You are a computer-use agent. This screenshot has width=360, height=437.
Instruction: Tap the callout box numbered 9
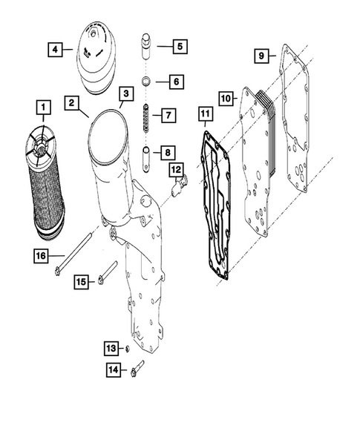(x=261, y=56)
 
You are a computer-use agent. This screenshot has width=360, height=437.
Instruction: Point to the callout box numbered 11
(x=206, y=114)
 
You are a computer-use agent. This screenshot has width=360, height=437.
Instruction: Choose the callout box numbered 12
(x=176, y=170)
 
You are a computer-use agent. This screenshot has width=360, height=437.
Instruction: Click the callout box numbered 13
(x=111, y=348)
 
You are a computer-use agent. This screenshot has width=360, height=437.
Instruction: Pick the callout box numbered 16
(x=39, y=257)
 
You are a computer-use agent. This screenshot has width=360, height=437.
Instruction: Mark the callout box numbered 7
(x=168, y=115)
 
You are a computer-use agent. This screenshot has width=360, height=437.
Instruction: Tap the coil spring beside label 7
(x=146, y=118)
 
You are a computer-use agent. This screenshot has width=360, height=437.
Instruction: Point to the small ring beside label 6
(x=146, y=81)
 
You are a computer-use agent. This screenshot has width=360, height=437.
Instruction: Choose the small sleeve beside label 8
(x=146, y=156)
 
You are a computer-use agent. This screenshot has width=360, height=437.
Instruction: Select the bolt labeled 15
(x=107, y=272)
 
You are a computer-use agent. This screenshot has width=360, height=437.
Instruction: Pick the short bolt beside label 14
(x=136, y=368)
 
